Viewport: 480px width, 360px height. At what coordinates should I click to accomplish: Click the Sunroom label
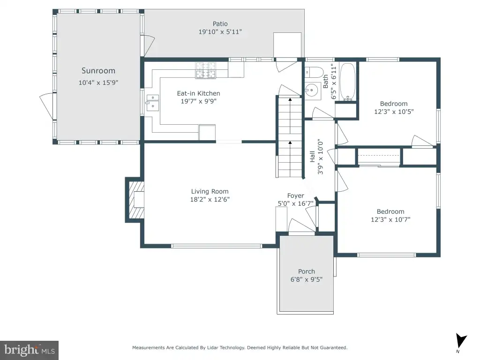[98, 71]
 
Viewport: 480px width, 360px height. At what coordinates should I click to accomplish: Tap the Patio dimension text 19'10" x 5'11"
[220, 31]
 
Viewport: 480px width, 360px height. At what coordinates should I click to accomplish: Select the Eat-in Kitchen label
[198, 93]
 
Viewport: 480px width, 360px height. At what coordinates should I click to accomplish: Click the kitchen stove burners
[206, 70]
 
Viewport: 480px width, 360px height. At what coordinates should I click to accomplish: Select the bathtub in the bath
[348, 82]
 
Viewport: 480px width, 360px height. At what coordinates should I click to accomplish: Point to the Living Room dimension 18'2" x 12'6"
[210, 199]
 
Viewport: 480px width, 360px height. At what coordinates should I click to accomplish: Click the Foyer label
[295, 195]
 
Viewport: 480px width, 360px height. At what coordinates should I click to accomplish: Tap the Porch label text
[307, 271]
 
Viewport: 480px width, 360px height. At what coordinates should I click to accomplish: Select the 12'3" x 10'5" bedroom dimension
[394, 112]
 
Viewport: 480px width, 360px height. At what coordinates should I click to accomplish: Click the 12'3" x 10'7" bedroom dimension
[390, 219]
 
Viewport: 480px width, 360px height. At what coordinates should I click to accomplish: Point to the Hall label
[312, 157]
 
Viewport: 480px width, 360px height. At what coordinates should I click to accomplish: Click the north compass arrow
[461, 341]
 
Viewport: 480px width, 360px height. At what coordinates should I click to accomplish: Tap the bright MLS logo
[30, 350]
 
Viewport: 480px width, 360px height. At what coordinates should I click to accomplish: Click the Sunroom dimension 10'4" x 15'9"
[98, 82]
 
